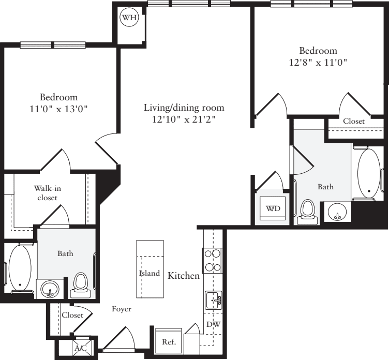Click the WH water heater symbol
(x=129, y=19)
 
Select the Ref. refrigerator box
(x=169, y=341)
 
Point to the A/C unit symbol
(x=81, y=348)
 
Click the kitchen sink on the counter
(x=213, y=299)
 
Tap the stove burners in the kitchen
(x=213, y=260)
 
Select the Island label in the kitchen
(x=149, y=273)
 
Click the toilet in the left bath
(x=80, y=283)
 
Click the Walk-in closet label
(x=46, y=192)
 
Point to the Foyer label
(x=122, y=309)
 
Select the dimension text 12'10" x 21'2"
(x=184, y=119)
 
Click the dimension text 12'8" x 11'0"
(x=318, y=62)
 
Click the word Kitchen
(x=184, y=276)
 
